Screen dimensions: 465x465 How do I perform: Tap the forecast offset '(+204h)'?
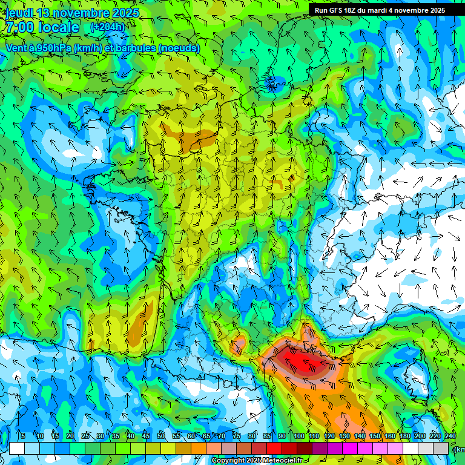tap(107, 27)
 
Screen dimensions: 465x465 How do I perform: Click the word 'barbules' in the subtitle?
tap(134, 48)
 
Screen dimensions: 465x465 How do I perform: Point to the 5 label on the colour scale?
tap(22, 437)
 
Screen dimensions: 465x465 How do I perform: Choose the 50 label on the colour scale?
tap(161, 437)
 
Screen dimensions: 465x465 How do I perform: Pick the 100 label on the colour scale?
tap(299, 437)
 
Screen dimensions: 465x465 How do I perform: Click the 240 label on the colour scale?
tap(450, 437)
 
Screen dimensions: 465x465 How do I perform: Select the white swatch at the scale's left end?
tap(16, 448)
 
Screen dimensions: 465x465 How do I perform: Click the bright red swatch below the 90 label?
tap(274, 448)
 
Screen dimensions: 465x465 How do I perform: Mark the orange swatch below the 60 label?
tap(183, 448)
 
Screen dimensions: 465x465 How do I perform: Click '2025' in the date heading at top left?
tap(125, 13)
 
